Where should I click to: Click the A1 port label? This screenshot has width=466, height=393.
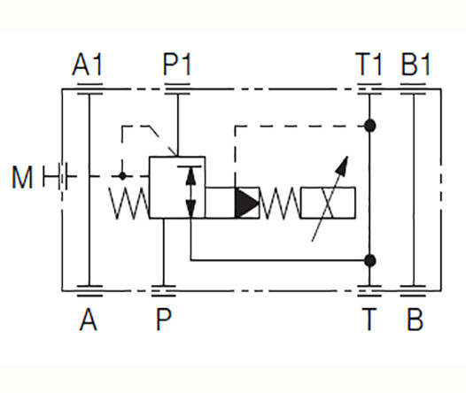point(88,64)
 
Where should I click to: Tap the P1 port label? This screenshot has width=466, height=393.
point(177,64)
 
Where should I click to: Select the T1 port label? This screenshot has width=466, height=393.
point(369,64)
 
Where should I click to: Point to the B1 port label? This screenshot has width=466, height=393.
point(416,64)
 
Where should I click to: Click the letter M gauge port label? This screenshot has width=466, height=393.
point(22,177)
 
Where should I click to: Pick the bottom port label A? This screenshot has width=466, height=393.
point(89,320)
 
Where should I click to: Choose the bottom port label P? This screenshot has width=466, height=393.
point(164,320)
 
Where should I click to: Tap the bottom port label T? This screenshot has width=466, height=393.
point(369,320)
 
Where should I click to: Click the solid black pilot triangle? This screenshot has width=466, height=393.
point(245,203)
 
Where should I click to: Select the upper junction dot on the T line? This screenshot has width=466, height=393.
point(369,126)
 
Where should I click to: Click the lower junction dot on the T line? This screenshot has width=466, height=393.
point(369,260)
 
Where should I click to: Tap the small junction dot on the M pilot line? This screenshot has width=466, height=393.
point(122,176)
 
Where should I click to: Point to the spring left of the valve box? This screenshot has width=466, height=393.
point(128,204)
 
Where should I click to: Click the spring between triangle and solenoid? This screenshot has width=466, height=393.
point(280,204)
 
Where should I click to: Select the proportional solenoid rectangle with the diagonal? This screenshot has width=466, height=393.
point(328,203)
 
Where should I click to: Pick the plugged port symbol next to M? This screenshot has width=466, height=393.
point(59,177)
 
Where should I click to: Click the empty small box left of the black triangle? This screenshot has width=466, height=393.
point(221,203)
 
